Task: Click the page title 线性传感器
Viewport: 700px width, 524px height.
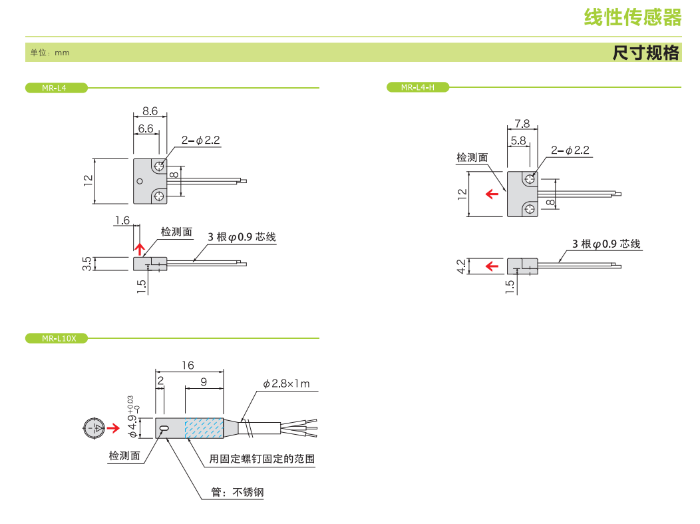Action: point(632,17)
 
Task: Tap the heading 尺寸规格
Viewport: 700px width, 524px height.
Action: point(645,53)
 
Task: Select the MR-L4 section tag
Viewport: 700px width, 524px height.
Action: point(55,87)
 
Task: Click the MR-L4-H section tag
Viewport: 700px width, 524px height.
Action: point(417,87)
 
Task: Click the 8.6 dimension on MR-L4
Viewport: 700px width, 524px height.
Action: point(150,111)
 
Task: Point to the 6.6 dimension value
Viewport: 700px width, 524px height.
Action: point(146,128)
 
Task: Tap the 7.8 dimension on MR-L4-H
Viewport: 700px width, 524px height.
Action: point(522,124)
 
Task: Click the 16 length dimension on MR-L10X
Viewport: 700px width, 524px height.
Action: point(188,365)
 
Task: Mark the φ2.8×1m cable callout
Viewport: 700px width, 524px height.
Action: point(286,384)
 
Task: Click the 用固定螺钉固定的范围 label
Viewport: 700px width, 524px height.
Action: point(262,459)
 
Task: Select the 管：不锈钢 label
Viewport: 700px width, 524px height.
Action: point(238,493)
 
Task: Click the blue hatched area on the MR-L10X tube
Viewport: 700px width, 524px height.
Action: point(204,428)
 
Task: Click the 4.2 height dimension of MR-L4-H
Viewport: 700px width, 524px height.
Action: point(462,266)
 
